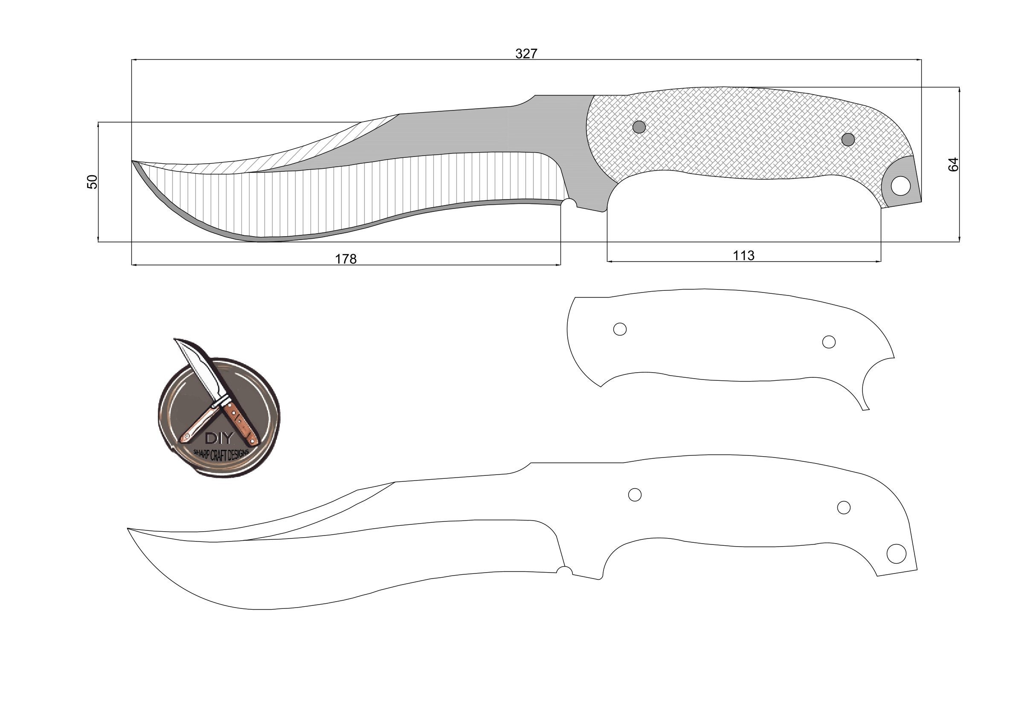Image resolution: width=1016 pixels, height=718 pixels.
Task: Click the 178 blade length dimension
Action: coord(345,259)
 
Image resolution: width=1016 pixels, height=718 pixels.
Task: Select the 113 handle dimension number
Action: coord(743,255)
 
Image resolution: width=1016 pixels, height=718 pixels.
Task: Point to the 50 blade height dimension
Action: coord(92,182)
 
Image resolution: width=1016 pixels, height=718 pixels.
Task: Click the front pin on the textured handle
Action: coord(639,127)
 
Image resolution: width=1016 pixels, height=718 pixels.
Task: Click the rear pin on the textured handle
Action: coord(848,140)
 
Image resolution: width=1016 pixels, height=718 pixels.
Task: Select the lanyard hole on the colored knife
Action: coord(900,186)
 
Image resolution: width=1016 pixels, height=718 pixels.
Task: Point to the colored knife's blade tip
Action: coord(133,162)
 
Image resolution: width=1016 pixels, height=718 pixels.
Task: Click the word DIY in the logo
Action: coord(219,438)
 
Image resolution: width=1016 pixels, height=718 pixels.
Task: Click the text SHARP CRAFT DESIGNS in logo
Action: coord(221,455)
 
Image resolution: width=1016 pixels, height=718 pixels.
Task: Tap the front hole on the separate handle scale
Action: coord(619,329)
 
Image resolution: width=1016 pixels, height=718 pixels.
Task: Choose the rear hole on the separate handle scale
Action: coord(828,342)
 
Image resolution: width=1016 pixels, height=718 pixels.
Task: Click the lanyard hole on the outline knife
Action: coord(896,554)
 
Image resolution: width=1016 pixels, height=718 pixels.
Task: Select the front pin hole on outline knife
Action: coord(635,495)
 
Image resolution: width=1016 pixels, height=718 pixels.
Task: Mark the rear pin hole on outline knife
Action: coord(843,507)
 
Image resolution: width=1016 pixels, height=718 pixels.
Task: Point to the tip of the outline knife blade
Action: coord(128,529)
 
